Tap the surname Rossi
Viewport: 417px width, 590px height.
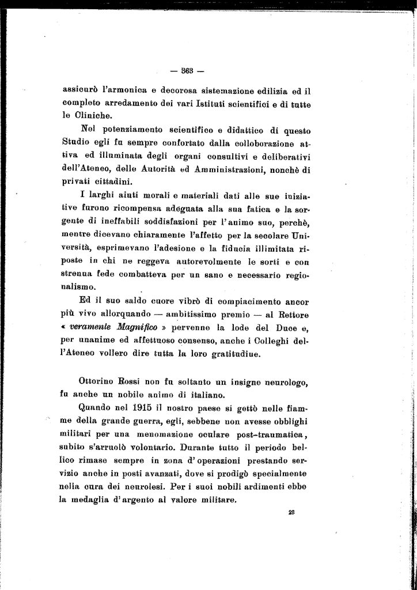[133, 381]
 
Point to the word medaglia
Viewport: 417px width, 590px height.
[92, 500]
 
